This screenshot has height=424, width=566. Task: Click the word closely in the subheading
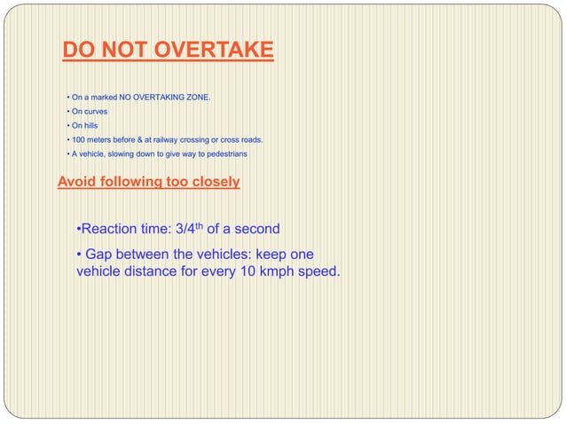click(x=212, y=183)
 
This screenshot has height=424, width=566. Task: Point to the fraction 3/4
click(x=185, y=230)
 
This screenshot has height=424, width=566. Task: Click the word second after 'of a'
click(x=255, y=230)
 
